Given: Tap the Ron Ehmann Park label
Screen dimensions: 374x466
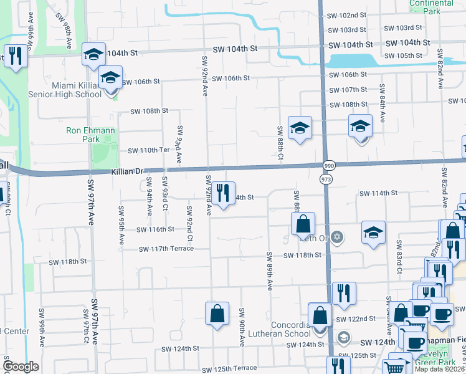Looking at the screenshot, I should pyautogui.click(x=83, y=135).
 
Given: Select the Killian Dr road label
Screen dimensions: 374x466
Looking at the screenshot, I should pyautogui.click(x=128, y=171).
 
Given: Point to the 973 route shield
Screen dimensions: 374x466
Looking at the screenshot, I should pyautogui.click(x=326, y=179).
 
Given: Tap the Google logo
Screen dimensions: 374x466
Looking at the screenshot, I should pyautogui.click(x=21, y=367).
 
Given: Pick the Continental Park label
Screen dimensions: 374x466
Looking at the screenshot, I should pyautogui.click(x=432, y=7).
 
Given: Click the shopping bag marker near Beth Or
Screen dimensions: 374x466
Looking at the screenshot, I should pyautogui.click(x=303, y=223).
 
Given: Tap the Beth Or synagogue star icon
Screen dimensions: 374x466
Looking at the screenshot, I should pyautogui.click(x=337, y=237).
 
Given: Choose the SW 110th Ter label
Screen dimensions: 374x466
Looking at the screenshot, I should pyautogui.click(x=149, y=150).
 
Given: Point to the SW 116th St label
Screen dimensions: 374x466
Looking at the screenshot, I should pyautogui.click(x=155, y=229).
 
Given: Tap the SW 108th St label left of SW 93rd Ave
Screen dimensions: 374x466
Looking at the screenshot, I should pyautogui.click(x=149, y=111).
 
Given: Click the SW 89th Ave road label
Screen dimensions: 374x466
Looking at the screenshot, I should pyautogui.click(x=270, y=271).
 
